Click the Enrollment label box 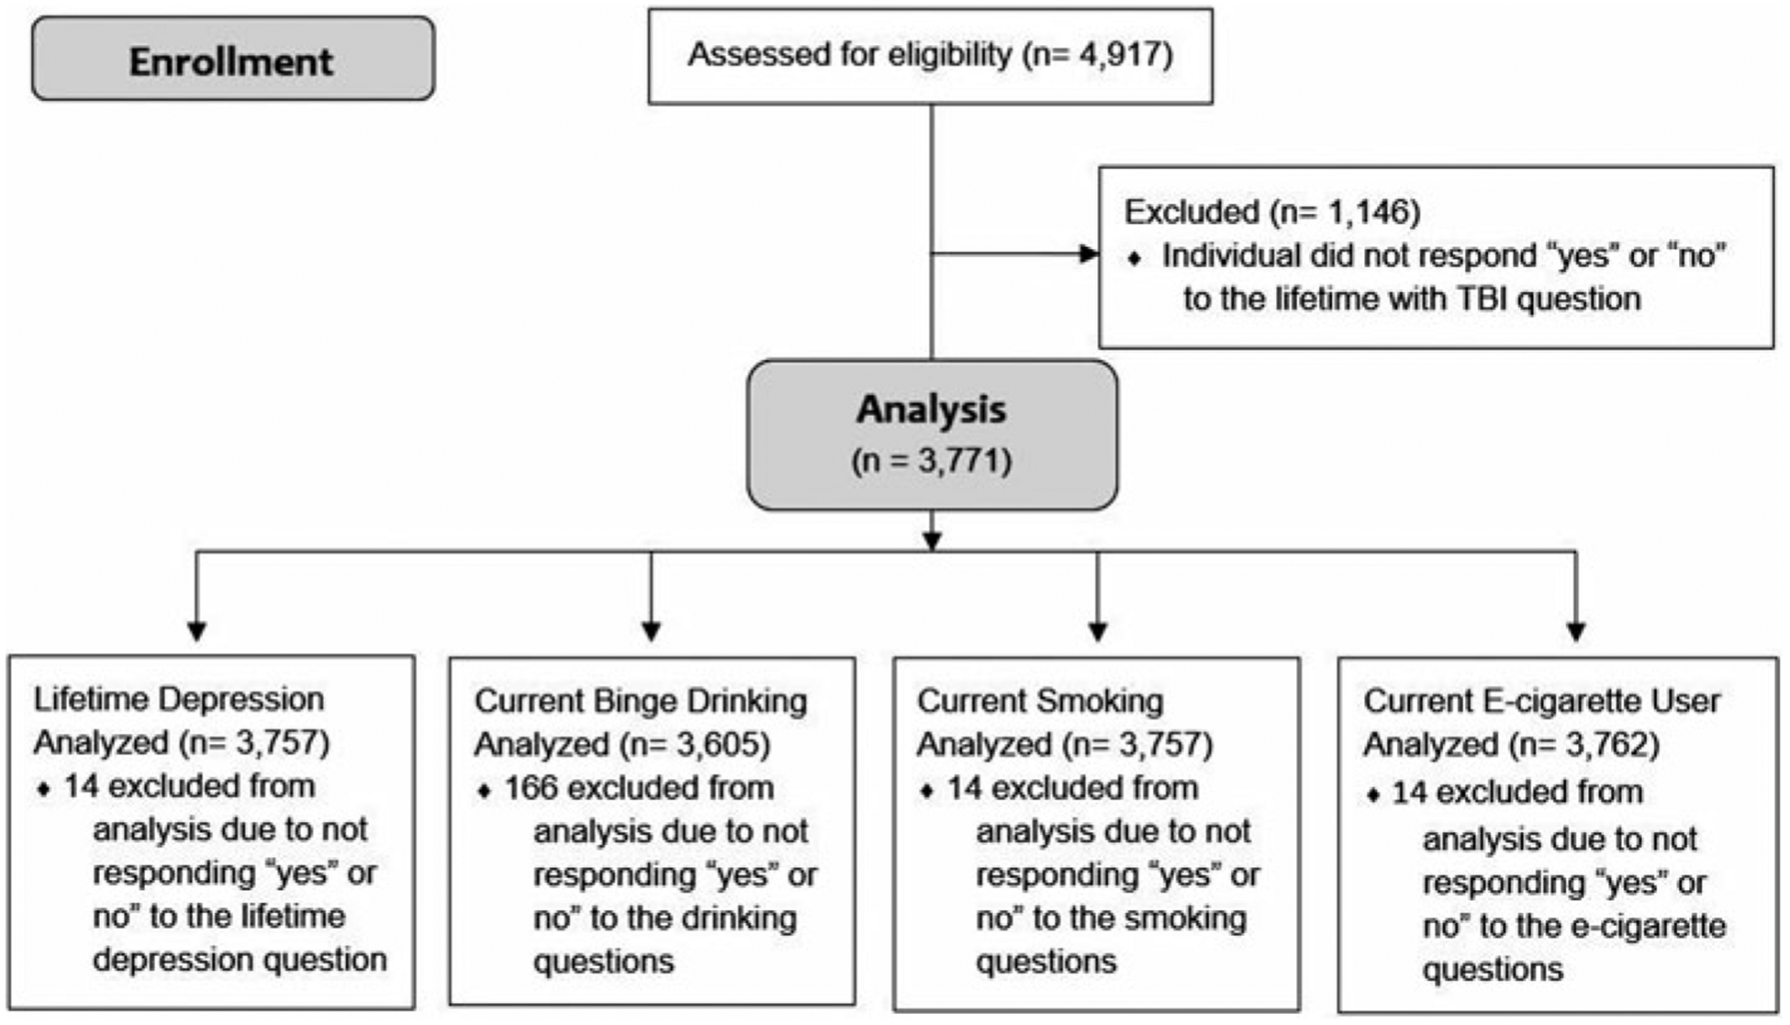point(233,60)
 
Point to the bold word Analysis point(931,409)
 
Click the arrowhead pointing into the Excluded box point(1089,253)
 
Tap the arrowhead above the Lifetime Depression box point(196,631)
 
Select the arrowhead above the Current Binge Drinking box point(651,631)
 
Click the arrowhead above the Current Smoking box point(1098,631)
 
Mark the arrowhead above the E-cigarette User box point(1576,631)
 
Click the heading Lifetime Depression point(179,699)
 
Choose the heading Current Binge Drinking point(641,701)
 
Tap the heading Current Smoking point(1040,701)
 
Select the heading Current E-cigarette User point(1541,701)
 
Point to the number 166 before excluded point(531,788)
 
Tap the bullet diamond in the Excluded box point(1136,259)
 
